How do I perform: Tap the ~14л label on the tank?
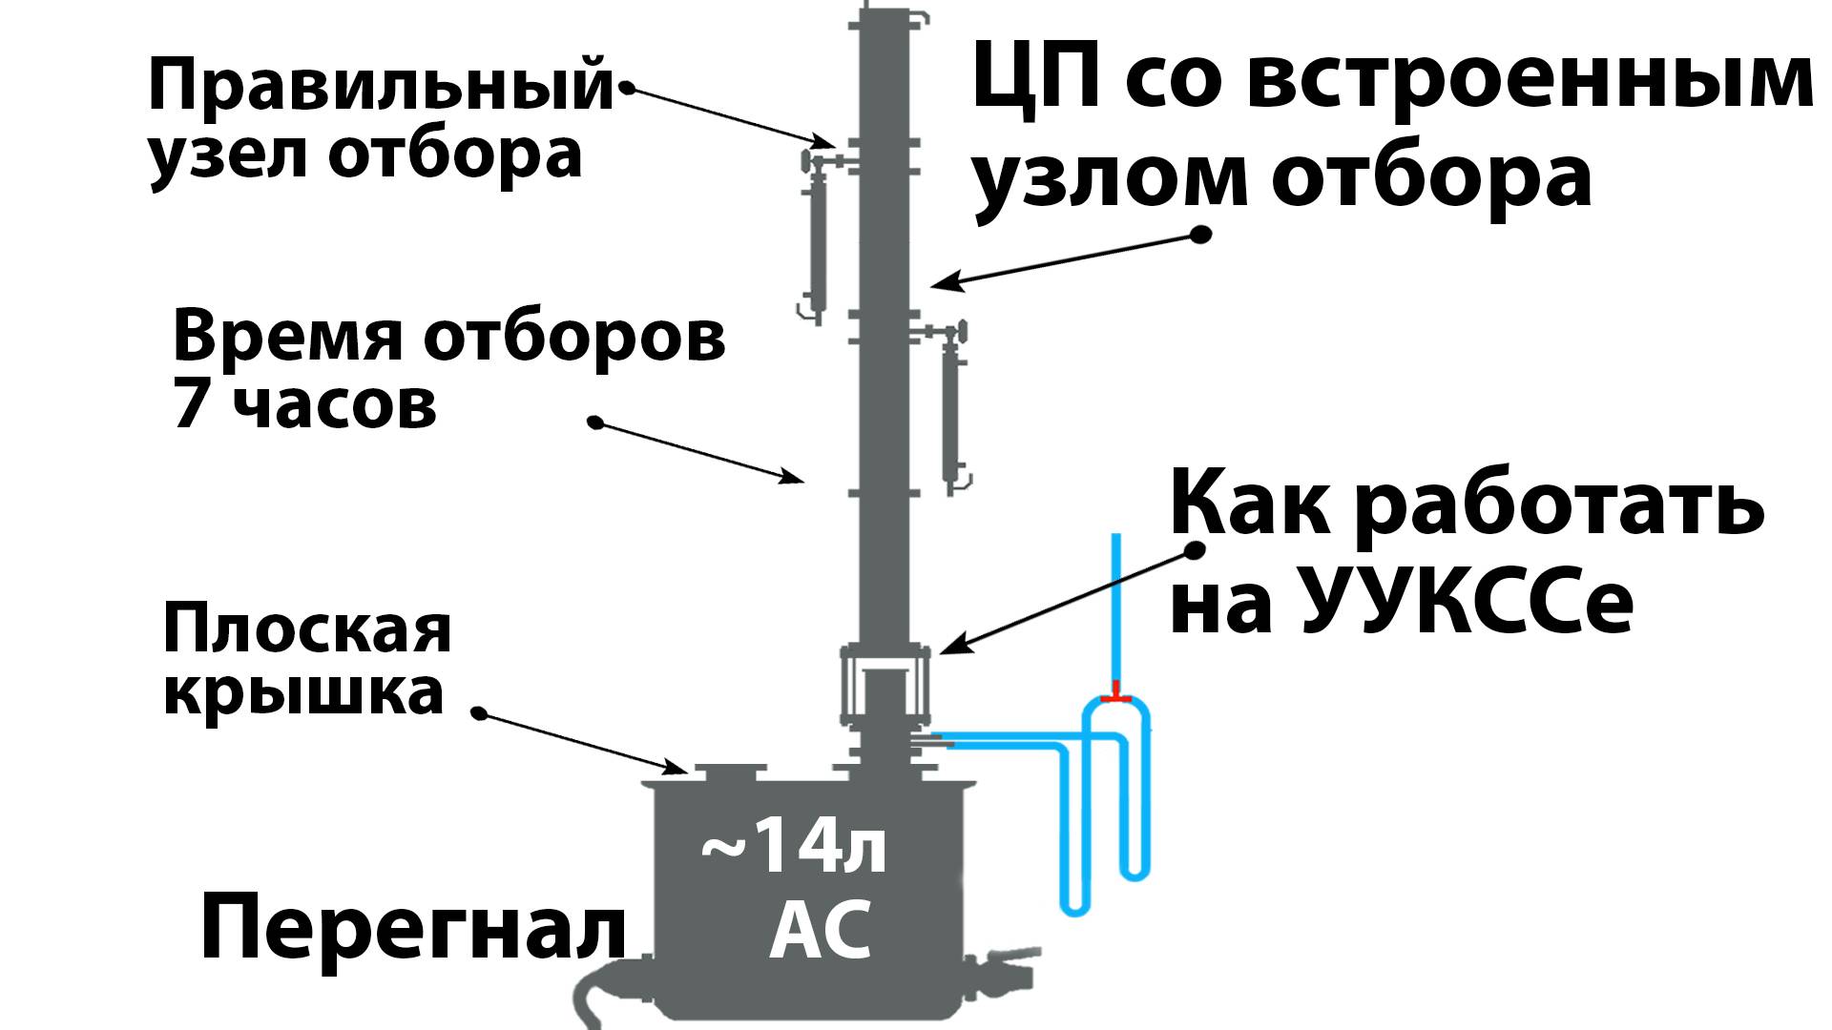coord(793,851)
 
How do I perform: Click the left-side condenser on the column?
coord(817,243)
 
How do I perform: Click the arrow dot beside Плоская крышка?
coord(480,713)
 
